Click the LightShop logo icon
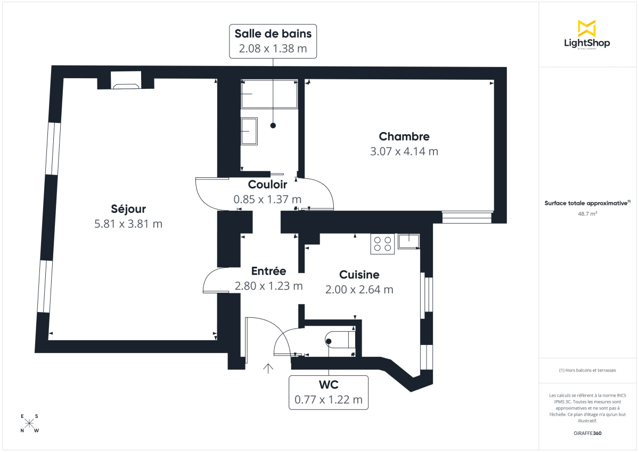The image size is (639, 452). [x=587, y=28]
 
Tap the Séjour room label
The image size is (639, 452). [x=128, y=209]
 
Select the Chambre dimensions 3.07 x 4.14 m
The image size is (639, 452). [x=404, y=151]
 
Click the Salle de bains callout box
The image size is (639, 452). [x=273, y=41]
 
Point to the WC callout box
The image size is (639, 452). [x=329, y=392]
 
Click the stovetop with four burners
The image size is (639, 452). [x=382, y=244]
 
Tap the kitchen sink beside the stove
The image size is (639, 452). [x=408, y=241]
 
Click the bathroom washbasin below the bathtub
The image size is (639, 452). [x=249, y=131]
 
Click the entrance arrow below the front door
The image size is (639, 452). [x=268, y=367]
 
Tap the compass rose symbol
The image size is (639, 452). [x=29, y=423]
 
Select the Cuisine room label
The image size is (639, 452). [x=359, y=275]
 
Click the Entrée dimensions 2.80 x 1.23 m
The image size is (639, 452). [x=268, y=286]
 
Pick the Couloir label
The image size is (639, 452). [x=267, y=185]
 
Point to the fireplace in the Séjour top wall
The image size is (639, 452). [x=126, y=81]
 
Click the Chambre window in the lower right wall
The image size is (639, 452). [x=466, y=217]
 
